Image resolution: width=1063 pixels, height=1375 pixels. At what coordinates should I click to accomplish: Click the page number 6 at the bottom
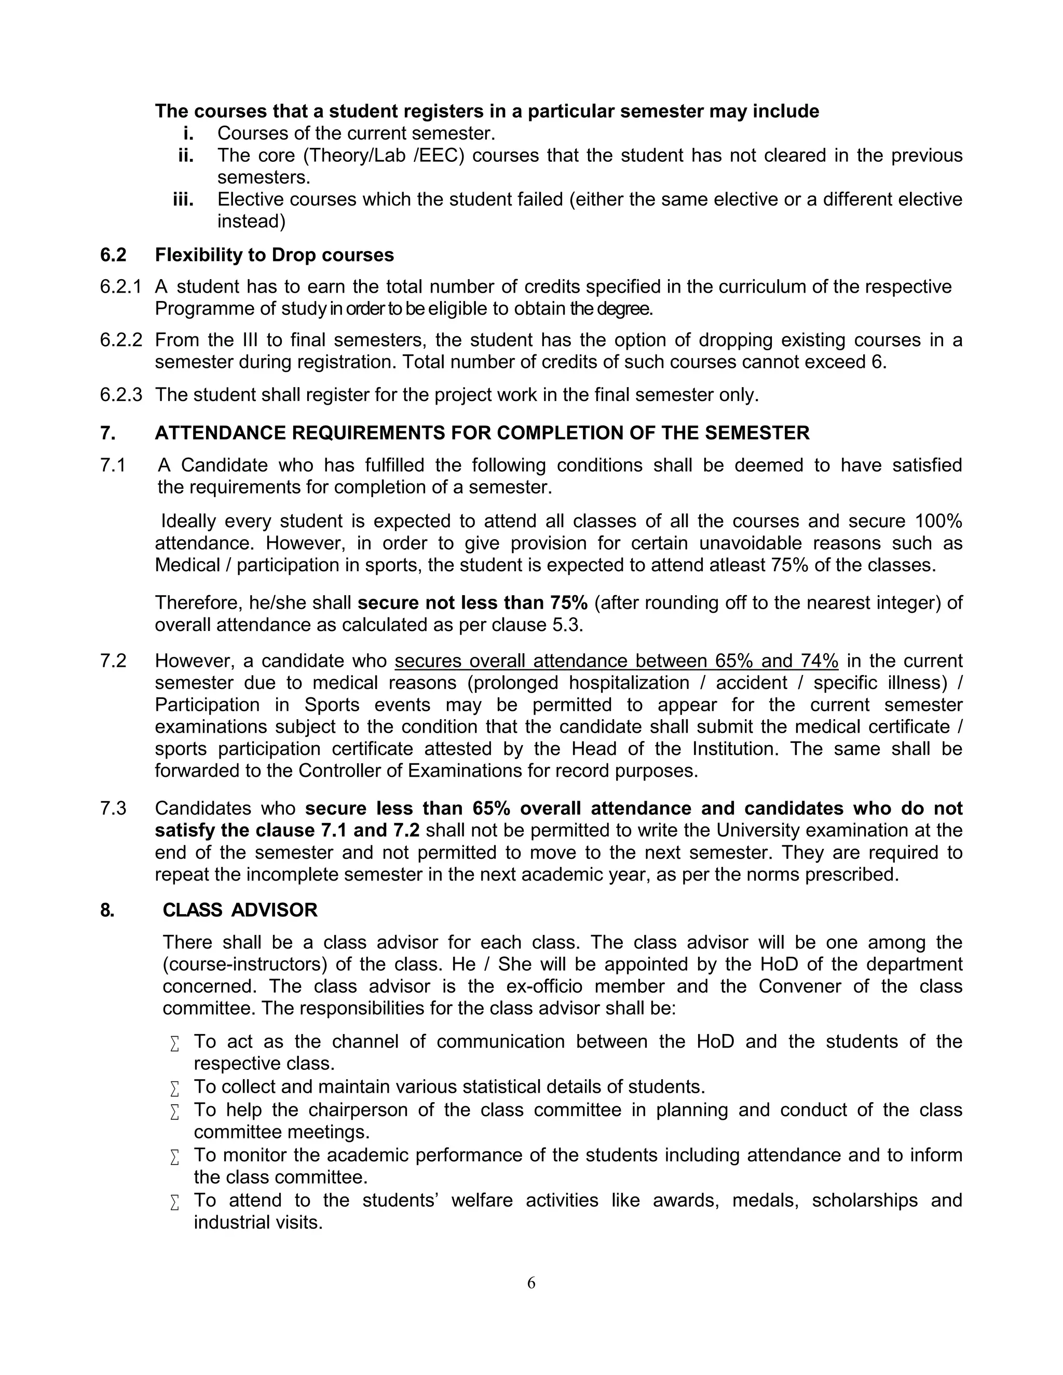[531, 1283]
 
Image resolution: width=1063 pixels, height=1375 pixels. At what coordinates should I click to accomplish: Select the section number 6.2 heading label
[113, 255]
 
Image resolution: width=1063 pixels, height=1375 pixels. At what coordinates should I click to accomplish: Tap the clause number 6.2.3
[120, 395]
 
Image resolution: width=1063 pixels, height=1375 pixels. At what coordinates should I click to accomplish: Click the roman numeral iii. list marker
[183, 200]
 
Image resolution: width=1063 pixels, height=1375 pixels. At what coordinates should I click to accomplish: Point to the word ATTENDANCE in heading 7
[221, 433]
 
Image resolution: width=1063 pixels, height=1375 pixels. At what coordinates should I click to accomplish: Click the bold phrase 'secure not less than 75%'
[472, 602]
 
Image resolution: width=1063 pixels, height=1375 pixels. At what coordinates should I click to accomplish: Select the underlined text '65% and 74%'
[776, 661]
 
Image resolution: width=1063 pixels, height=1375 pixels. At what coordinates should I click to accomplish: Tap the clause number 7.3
[113, 808]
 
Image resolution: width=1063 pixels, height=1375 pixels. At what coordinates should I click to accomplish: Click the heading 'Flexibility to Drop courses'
[275, 255]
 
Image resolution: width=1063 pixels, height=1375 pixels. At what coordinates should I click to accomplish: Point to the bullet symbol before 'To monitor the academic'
[175, 1157]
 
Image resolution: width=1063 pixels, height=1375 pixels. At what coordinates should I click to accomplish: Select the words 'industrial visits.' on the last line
[258, 1222]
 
